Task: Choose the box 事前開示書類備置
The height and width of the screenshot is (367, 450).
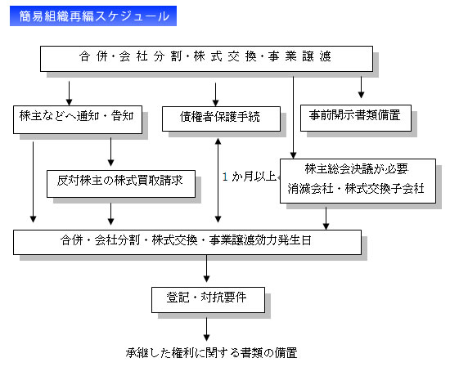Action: pyautogui.click(x=362, y=116)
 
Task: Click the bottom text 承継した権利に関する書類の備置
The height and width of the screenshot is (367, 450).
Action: pyautogui.click(x=210, y=352)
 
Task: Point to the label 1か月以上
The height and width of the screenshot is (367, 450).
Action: pyautogui.click(x=250, y=175)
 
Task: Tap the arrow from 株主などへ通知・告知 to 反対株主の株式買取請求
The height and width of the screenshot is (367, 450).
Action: pyautogui.click(x=110, y=153)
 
